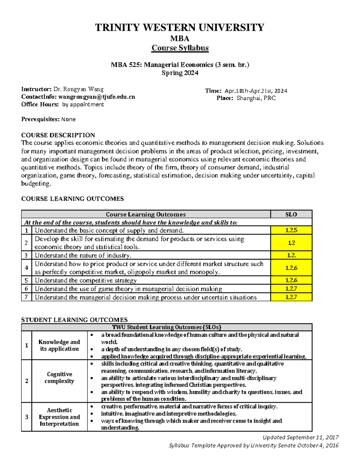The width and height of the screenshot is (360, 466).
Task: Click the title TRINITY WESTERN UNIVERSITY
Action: (180, 27)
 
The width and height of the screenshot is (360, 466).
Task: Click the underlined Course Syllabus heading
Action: (180, 48)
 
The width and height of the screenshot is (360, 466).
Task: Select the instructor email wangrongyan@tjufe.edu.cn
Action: (97, 97)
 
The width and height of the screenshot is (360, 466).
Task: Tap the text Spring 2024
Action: (180, 73)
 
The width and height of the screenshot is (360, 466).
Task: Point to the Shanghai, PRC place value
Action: (256, 98)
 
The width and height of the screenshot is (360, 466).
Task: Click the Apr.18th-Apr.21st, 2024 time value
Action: (256, 91)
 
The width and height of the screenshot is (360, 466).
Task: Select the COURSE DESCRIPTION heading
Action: (58, 135)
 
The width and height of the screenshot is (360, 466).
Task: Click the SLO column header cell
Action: (291, 214)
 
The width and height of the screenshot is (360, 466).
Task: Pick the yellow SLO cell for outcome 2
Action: (291, 243)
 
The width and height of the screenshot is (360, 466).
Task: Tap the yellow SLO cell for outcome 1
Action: (291, 230)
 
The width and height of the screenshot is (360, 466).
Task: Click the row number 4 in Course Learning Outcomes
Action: (26, 268)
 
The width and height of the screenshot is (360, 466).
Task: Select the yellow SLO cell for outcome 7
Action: (291, 297)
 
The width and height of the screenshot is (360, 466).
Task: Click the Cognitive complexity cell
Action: (59, 378)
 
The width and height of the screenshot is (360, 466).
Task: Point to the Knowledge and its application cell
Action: (59, 345)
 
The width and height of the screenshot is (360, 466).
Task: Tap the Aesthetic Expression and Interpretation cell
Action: (59, 417)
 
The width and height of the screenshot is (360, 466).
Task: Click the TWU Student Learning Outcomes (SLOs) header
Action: (166, 327)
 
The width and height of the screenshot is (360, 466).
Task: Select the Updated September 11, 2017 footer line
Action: (301, 437)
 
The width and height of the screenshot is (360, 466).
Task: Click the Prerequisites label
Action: (40, 119)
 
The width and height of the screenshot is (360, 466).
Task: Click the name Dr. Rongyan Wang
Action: (78, 89)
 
